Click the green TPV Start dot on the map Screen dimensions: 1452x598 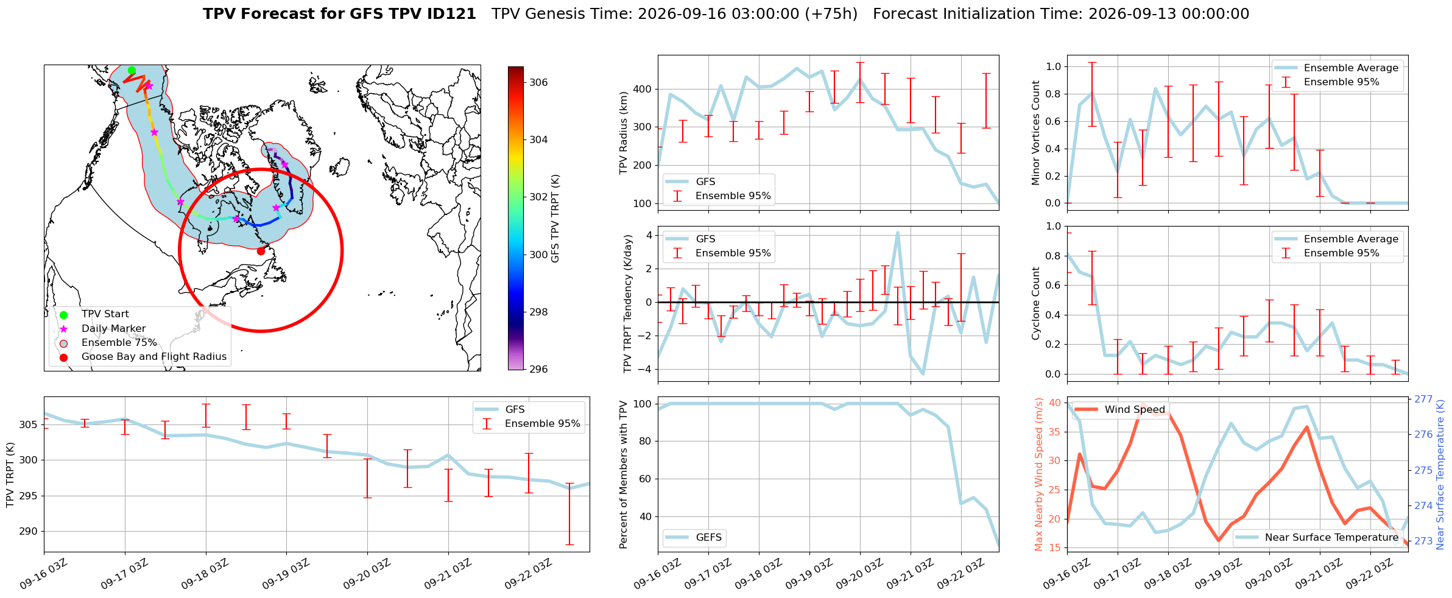coord(132,71)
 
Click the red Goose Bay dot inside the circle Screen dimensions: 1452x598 coord(261,251)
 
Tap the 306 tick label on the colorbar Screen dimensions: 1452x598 coord(538,82)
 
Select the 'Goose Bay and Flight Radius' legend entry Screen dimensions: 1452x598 coord(154,357)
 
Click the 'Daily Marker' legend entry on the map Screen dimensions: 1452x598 coord(114,329)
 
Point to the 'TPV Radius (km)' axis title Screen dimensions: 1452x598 coord(623,133)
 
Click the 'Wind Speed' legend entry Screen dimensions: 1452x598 coord(1135,410)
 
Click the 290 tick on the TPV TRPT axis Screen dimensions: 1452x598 coord(28,532)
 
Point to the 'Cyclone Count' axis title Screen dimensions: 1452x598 coord(1036,303)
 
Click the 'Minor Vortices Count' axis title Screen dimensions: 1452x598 coord(1036,133)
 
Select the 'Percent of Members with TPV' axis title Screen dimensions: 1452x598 coord(623,474)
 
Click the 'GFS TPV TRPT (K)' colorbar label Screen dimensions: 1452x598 coord(555,218)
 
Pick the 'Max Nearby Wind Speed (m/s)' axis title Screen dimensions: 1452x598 coord(1039,474)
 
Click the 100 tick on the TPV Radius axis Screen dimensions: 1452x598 coord(643,204)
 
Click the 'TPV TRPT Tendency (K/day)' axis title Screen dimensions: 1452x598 coord(628,303)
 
